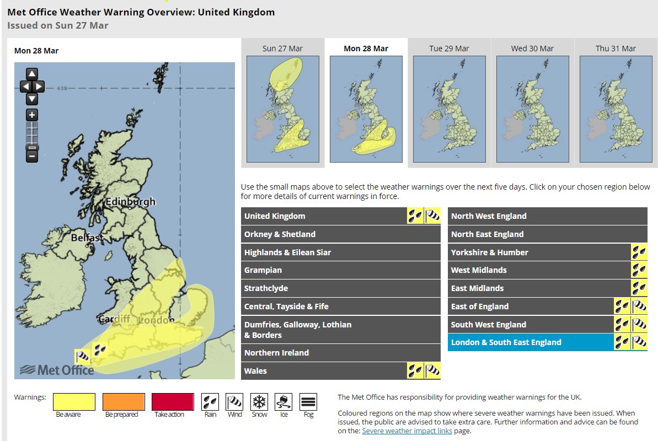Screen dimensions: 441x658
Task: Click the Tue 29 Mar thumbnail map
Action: (449, 109)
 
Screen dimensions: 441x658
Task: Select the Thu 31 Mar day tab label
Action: (616, 49)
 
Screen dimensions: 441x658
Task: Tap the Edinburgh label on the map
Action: (131, 202)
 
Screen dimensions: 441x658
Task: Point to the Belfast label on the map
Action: (87, 238)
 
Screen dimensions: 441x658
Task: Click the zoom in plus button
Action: (32, 115)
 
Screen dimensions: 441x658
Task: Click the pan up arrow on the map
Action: (32, 74)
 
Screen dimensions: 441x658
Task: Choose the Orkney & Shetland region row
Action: (340, 234)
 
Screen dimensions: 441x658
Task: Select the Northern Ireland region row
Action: (340, 353)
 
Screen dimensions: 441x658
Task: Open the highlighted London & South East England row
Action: (529, 342)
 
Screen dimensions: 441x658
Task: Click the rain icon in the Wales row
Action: (415, 371)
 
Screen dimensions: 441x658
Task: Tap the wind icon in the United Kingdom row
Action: (432, 216)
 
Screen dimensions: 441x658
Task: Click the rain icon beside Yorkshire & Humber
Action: (639, 252)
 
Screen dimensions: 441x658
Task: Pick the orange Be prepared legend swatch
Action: (124, 401)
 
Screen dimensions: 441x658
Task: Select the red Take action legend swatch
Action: (173, 401)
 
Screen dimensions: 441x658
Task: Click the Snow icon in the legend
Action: (259, 401)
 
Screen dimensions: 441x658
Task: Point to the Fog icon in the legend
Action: (308, 401)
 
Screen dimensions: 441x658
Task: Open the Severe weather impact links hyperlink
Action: (407, 431)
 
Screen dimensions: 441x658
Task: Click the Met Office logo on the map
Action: (57, 370)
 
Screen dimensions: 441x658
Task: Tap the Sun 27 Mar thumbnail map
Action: (282, 109)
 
